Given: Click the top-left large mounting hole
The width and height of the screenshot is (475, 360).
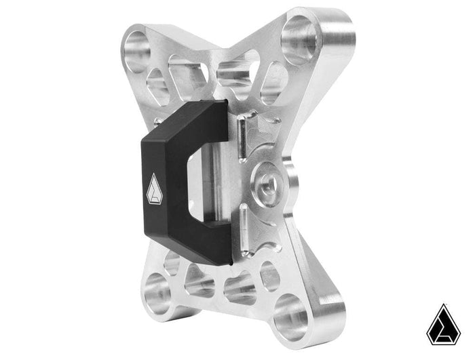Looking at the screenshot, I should pyautogui.click(x=137, y=48).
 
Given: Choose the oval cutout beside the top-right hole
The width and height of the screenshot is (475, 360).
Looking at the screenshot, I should pyautogui.click(x=274, y=79).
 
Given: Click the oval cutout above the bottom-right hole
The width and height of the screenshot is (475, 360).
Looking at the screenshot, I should pyautogui.click(x=270, y=275).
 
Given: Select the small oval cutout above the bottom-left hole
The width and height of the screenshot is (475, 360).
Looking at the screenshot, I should pyautogui.click(x=171, y=264).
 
